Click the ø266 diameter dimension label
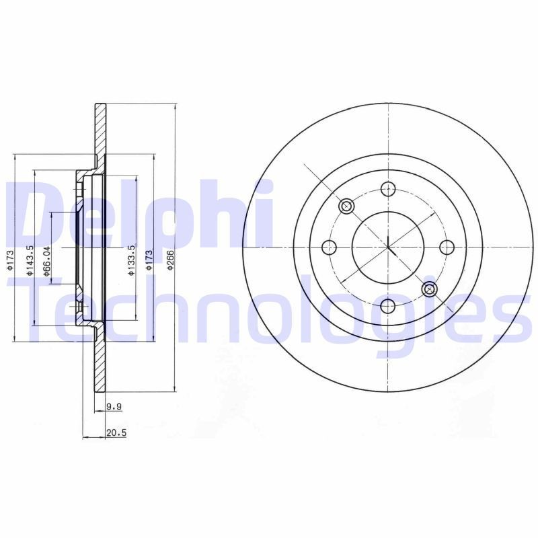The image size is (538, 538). coord(171,260)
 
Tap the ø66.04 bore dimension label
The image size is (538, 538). coord(47,260)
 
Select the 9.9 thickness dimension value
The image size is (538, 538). coord(114,407)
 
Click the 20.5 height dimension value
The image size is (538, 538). coord(116,433)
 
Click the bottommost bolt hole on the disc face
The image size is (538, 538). coord(387,307)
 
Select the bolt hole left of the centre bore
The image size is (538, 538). coord(328,247)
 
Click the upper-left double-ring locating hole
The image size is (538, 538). coord(346,206)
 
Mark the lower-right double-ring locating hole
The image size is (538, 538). coord(429,289)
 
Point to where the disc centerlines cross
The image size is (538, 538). coord(388,247)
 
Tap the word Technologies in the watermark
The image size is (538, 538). coord(269,309)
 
